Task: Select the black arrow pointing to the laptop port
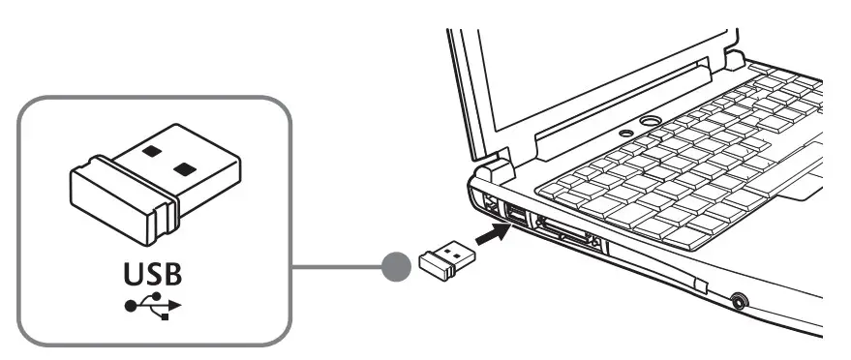click(x=496, y=233)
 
